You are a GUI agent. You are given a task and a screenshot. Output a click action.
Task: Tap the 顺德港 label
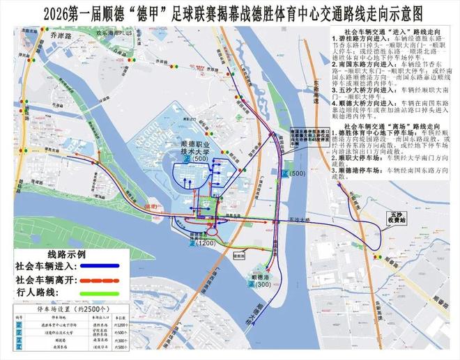pos(259,277)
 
